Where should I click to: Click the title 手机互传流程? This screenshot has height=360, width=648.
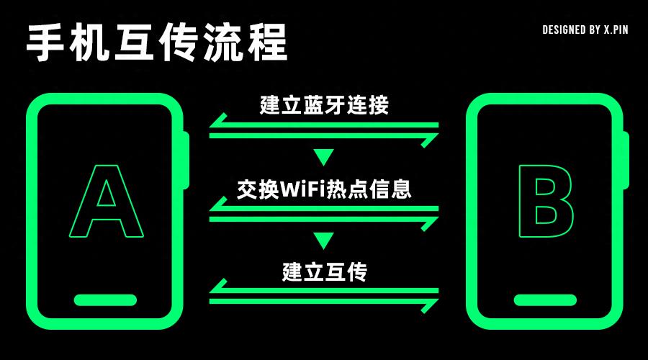[x=157, y=42]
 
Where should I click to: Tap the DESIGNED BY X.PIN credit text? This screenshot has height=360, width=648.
[x=585, y=30]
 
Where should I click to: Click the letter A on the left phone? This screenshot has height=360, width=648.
[x=107, y=202]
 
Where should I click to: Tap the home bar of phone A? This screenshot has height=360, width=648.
[x=105, y=300]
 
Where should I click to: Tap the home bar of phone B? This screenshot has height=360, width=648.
[x=545, y=300]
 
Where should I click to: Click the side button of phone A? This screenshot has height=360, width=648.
[x=186, y=160]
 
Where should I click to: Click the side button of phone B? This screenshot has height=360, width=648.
[x=626, y=160]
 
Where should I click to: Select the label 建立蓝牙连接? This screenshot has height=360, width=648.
[x=324, y=105]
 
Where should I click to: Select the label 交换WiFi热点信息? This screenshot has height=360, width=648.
[x=324, y=189]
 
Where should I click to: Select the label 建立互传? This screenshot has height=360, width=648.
[x=324, y=272]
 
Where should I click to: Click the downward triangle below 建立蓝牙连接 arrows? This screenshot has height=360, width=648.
[x=324, y=157]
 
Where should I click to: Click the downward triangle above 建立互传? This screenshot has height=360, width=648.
[x=324, y=240]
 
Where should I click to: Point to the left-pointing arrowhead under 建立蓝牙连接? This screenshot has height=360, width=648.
[x=218, y=122]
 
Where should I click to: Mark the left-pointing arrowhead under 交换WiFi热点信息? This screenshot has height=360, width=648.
[x=218, y=205]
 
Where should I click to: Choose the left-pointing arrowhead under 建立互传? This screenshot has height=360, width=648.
[x=218, y=288]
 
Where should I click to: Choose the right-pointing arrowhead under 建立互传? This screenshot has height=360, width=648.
[x=430, y=304]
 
